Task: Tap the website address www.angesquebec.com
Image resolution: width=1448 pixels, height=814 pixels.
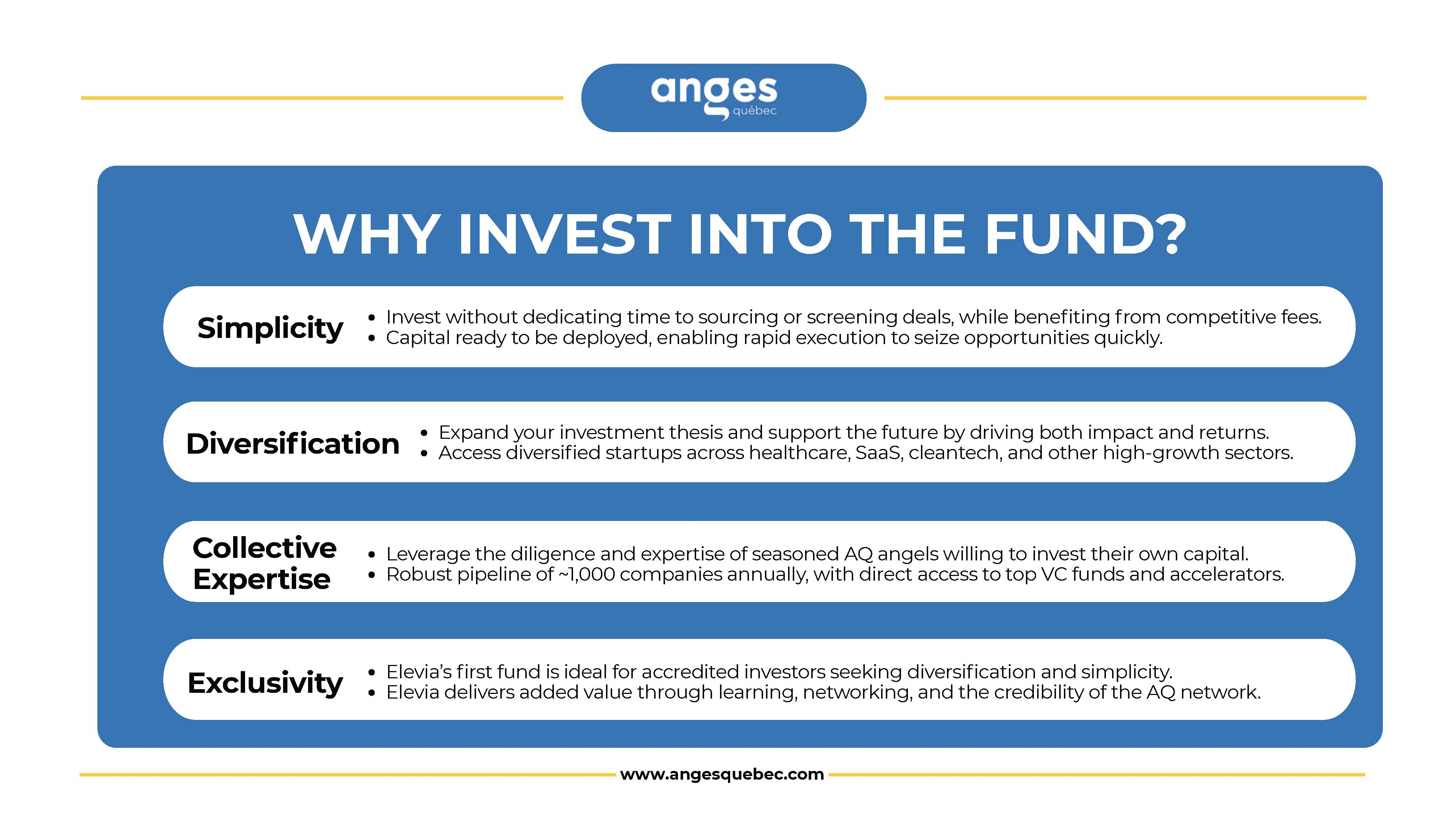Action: point(722,774)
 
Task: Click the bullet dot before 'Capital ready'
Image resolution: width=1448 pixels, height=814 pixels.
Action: point(371,338)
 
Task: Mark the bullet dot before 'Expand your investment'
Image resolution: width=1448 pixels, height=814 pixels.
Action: point(424,433)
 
